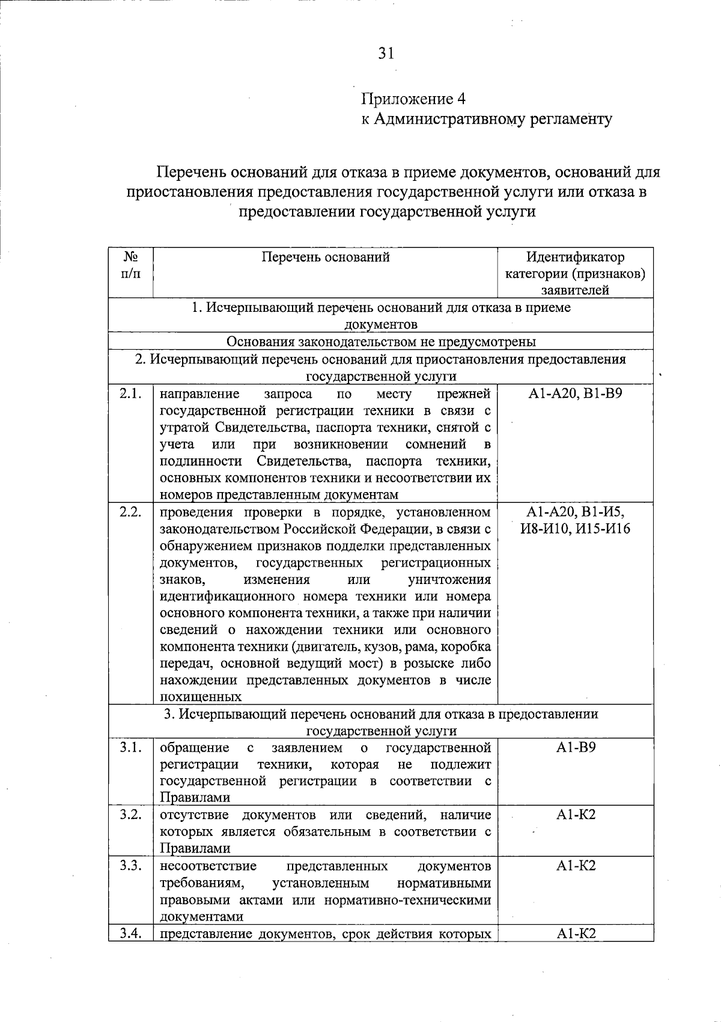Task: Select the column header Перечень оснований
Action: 326,258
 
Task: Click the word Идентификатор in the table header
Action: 575,258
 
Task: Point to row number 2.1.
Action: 130,394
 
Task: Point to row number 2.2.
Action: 130,513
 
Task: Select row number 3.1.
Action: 130,747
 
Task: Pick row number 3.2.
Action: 130,815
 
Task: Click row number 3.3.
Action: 130,866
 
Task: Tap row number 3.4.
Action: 130,933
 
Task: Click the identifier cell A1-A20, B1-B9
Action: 575,394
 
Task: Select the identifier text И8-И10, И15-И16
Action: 575,529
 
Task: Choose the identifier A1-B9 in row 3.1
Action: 575,747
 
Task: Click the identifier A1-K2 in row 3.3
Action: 575,866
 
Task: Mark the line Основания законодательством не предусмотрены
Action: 381,342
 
